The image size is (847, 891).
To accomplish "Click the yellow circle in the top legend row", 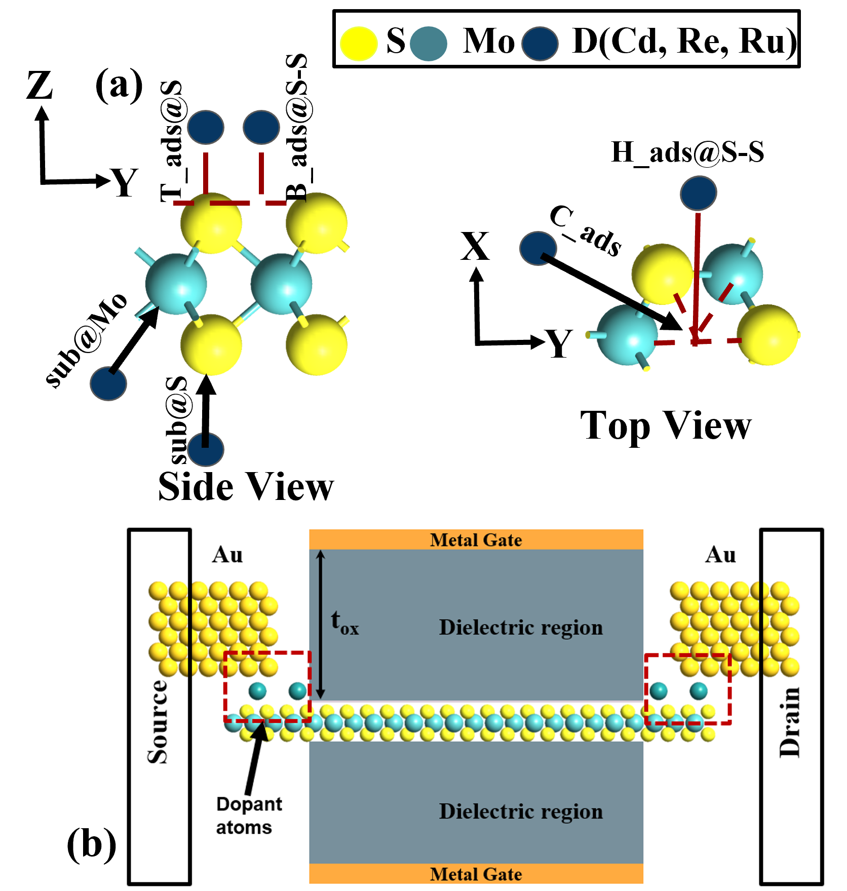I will coord(359,44).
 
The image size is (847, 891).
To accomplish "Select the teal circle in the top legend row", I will coord(428,44).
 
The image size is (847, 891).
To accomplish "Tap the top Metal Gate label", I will coord(476,540).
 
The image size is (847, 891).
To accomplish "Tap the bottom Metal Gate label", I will coord(476,874).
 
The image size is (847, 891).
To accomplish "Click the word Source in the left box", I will coord(158,722).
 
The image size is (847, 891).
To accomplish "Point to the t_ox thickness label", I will coord(344,623).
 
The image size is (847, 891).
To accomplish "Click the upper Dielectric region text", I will coord(521,628).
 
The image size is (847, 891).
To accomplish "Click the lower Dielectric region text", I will coord(521,811).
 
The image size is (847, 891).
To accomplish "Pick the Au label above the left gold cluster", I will coord(227,555).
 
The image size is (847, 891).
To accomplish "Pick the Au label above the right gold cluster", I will coord(720,555).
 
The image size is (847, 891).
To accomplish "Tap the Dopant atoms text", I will coord(248,816).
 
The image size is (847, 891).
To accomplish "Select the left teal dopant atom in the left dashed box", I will coord(257,690).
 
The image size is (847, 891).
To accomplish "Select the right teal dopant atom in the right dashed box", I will coord(699,690).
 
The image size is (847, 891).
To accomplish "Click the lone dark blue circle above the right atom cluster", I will coord(698,193).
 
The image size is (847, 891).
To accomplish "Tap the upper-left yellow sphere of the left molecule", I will coord(211,223).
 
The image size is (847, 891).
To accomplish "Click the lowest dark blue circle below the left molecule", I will coord(206,449).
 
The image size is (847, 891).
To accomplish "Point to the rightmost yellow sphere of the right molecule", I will coord(767,335).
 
